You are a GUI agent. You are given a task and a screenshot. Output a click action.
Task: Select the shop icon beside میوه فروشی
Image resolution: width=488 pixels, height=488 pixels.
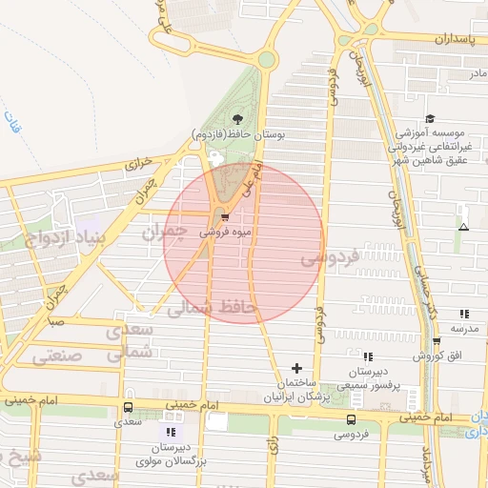click(224, 217)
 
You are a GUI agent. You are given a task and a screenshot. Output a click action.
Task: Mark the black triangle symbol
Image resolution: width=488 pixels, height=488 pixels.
click(463, 228)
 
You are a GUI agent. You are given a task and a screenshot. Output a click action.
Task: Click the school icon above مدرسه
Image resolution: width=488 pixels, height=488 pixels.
click(464, 314)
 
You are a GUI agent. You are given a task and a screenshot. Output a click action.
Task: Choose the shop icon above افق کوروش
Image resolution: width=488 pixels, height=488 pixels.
click(437, 341)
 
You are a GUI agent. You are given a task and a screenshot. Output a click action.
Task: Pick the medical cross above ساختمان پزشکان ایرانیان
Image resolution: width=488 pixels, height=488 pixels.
click(296, 368)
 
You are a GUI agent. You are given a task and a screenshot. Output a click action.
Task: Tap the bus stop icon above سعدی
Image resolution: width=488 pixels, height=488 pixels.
click(129, 408)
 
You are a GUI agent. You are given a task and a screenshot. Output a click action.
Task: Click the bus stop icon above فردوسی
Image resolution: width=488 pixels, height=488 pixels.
click(352, 419)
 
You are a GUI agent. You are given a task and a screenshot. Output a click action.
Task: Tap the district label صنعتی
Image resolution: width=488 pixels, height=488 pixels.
click(56, 356)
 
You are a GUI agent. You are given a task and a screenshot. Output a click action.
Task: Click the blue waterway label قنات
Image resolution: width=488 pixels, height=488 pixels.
click(12, 122)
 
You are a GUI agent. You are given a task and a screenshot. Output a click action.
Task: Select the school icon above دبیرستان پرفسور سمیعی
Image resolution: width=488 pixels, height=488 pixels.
click(369, 357)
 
